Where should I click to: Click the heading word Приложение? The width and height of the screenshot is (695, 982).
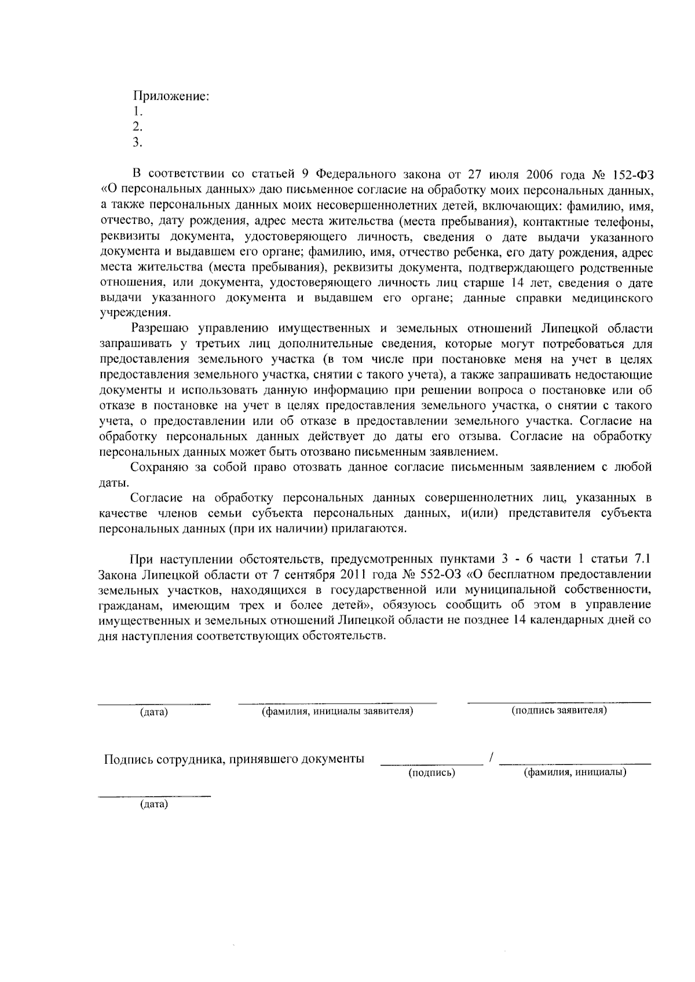click(x=171, y=97)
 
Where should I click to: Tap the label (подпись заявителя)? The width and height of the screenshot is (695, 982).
click(x=559, y=710)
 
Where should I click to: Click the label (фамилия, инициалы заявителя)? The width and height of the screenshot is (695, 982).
click(x=337, y=711)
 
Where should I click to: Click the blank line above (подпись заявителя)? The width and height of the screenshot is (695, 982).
click(x=559, y=702)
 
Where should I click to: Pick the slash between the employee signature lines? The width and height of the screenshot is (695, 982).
click(x=491, y=758)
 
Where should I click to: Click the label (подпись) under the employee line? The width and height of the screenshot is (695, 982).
click(x=431, y=773)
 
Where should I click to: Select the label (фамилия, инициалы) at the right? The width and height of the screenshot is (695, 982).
click(x=575, y=773)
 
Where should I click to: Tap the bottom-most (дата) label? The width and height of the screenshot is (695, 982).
click(x=153, y=805)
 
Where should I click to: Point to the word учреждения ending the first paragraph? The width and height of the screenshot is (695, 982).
click(x=134, y=314)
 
